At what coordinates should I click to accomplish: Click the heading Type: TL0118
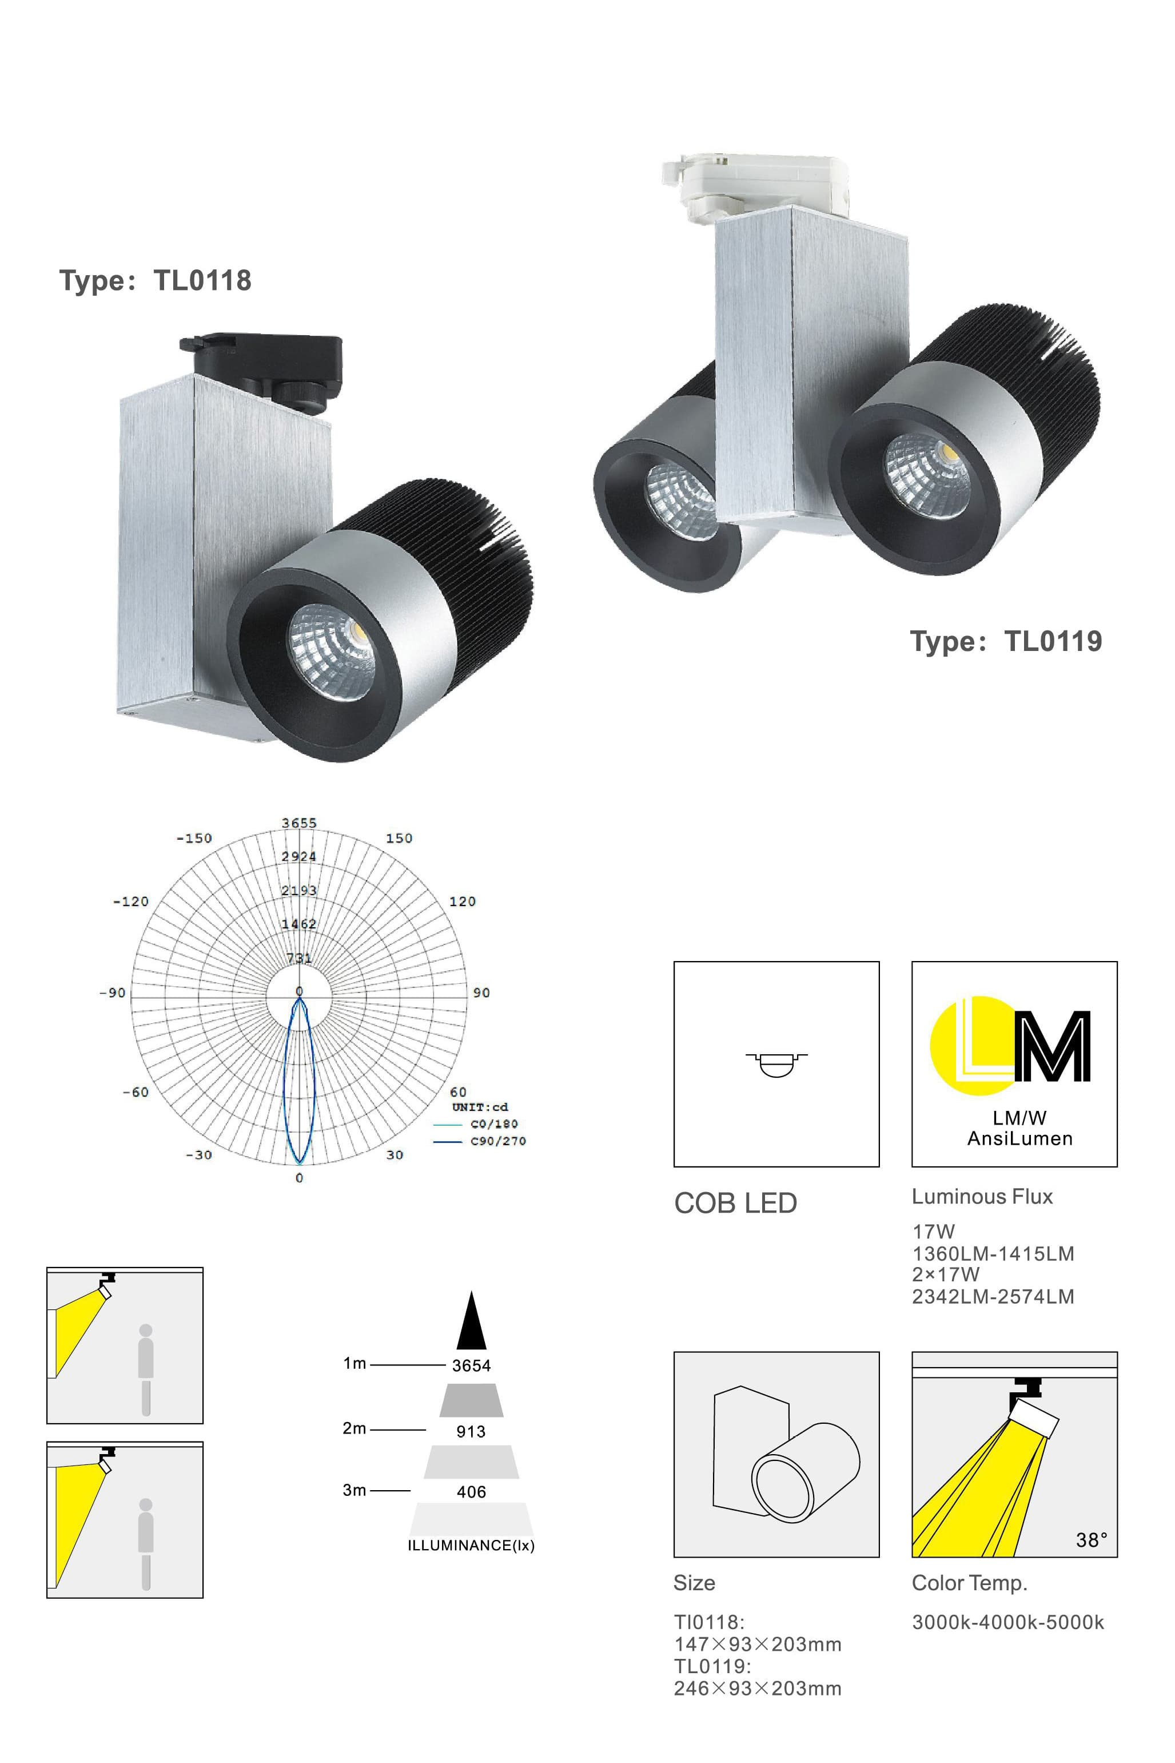tap(155, 280)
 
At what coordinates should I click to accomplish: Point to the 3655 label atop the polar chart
tap(299, 823)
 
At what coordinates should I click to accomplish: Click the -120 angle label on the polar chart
tap(130, 901)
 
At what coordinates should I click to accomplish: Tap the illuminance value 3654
tap(471, 1366)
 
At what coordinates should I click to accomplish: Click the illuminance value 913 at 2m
tap(471, 1431)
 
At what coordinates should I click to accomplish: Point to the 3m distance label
tap(354, 1490)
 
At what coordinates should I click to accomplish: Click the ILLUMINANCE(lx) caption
tap(471, 1545)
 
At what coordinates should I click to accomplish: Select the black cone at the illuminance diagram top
tap(471, 1321)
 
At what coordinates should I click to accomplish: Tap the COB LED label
tap(735, 1203)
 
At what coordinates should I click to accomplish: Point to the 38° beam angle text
tap(1091, 1540)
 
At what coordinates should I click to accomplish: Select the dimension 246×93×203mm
tap(757, 1688)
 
